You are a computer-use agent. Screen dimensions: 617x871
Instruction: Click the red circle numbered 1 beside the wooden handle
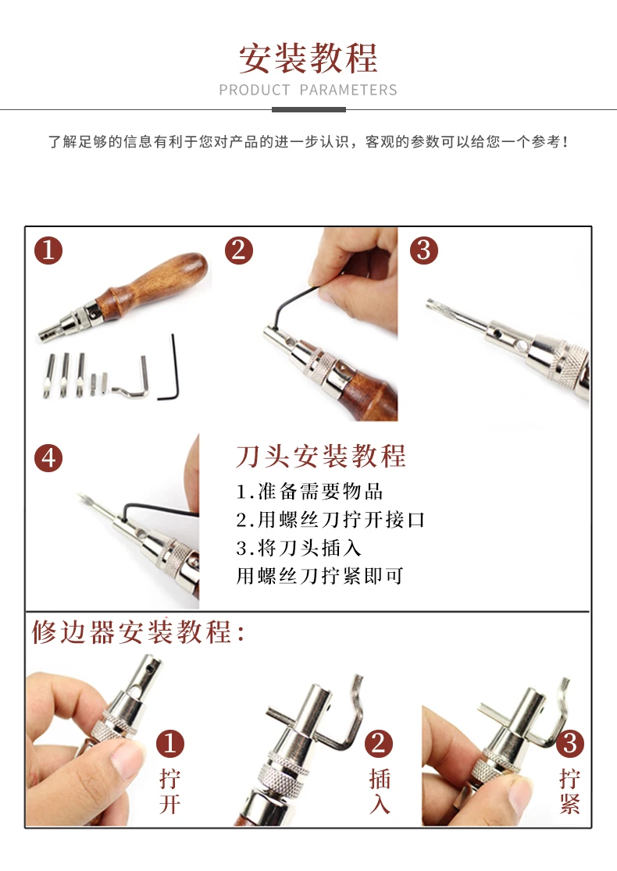(x=48, y=250)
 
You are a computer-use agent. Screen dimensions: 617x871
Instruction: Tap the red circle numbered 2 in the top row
(x=239, y=250)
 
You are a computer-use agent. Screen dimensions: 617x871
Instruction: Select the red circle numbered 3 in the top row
(x=424, y=250)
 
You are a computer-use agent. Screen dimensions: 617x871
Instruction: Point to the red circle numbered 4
(x=48, y=458)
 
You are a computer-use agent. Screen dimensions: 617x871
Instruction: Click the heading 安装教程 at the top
(x=308, y=58)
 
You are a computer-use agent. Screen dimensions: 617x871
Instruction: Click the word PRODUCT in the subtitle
(x=255, y=90)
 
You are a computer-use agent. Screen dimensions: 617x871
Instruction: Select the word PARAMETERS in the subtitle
(x=348, y=90)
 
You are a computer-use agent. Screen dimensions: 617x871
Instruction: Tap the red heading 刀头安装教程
(x=321, y=456)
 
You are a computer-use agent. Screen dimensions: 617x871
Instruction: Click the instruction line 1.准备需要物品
(x=309, y=492)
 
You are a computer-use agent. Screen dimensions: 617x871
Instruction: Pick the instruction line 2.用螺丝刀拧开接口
(x=330, y=520)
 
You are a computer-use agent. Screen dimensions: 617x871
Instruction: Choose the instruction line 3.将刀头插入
(x=299, y=548)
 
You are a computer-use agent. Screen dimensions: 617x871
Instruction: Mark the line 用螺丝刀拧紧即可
(x=320, y=576)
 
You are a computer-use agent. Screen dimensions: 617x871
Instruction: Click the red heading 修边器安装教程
(x=138, y=632)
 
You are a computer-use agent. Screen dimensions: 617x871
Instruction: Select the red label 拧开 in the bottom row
(x=170, y=791)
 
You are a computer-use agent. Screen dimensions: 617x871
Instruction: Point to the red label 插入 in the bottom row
(x=380, y=791)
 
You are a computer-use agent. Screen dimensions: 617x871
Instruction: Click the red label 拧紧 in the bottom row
(x=570, y=791)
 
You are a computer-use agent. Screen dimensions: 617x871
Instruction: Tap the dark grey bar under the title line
(x=308, y=110)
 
